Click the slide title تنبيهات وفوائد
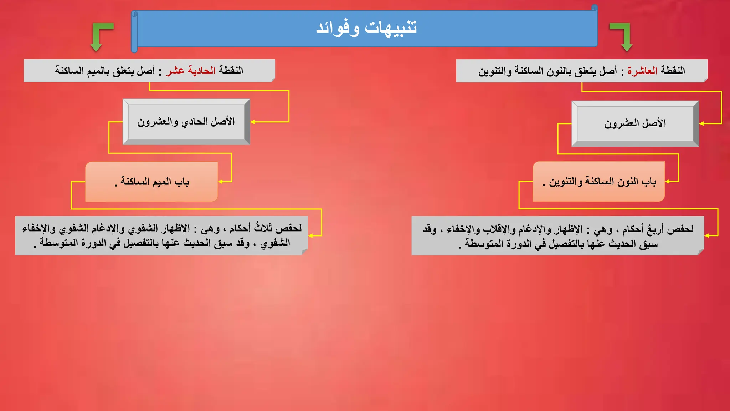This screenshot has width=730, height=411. pyautogui.click(x=366, y=28)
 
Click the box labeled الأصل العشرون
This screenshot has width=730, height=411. pyautogui.click(x=635, y=123)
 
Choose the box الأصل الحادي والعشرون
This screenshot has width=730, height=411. pyautogui.click(x=186, y=122)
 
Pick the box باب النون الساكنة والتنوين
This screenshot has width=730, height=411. pyautogui.click(x=599, y=182)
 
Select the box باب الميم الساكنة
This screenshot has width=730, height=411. pyautogui.click(x=151, y=182)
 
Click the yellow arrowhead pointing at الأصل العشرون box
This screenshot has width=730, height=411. pyautogui.click(x=701, y=124)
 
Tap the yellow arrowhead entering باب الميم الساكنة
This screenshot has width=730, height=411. pyautogui.click(x=220, y=182)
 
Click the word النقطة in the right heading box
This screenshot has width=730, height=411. pyautogui.click(x=673, y=71)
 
